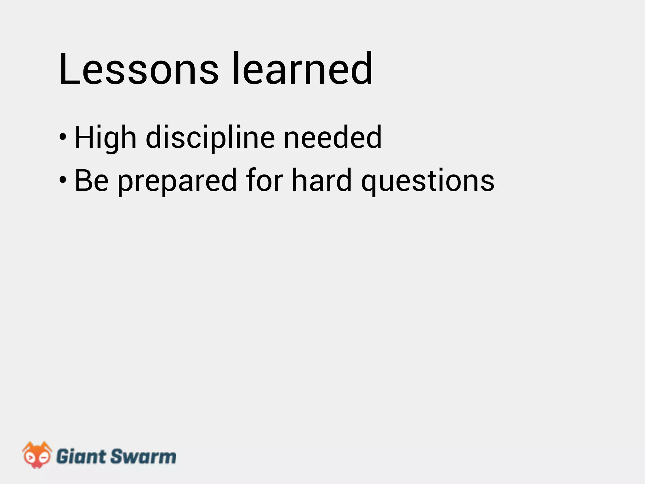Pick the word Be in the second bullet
click(92, 180)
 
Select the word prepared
click(177, 181)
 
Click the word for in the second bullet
click(265, 180)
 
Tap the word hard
click(322, 180)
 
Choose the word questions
click(428, 181)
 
